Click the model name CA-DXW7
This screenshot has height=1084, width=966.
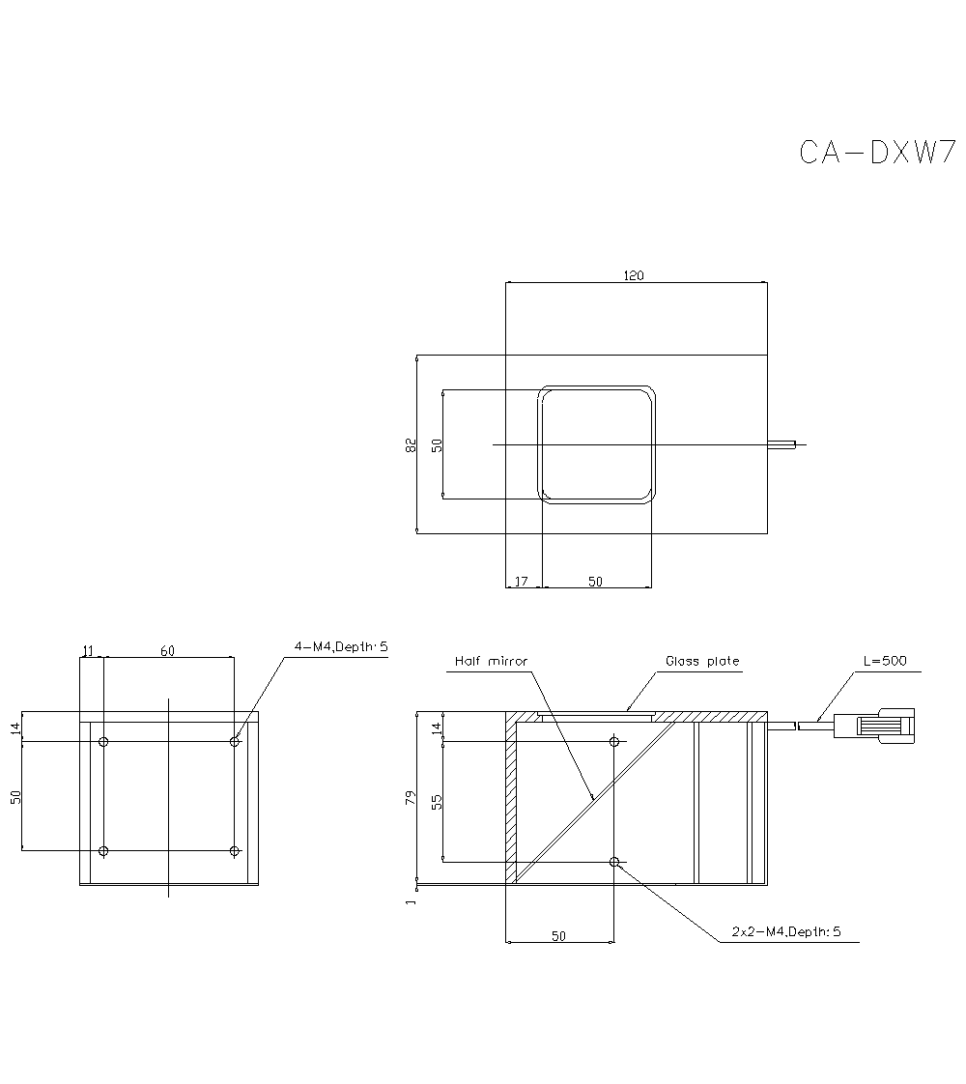pyautogui.click(x=877, y=153)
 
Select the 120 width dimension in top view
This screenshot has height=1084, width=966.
pyautogui.click(x=633, y=275)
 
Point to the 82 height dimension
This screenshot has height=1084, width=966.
pyautogui.click(x=411, y=444)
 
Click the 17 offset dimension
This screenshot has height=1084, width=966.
pyautogui.click(x=522, y=581)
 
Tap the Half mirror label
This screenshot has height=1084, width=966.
pyautogui.click(x=492, y=662)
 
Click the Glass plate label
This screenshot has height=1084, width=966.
pyautogui.click(x=701, y=662)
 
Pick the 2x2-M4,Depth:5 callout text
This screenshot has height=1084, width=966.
pyautogui.click(x=786, y=932)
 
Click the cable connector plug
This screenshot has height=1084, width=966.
pyautogui.click(x=874, y=725)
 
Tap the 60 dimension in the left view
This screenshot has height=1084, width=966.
pyautogui.click(x=167, y=651)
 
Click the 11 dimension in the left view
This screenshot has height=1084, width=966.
pyautogui.click(x=89, y=651)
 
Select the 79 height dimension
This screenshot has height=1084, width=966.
pyautogui.click(x=411, y=798)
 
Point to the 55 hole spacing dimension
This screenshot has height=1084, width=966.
pyautogui.click(x=437, y=801)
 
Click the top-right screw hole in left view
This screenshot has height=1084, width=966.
pyautogui.click(x=235, y=741)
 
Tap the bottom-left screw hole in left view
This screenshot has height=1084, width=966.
pyautogui.click(x=104, y=851)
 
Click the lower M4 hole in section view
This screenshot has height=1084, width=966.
pyautogui.click(x=614, y=861)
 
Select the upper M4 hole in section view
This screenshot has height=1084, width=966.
pyautogui.click(x=614, y=742)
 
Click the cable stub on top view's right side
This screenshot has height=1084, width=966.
pyautogui.click(x=782, y=444)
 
